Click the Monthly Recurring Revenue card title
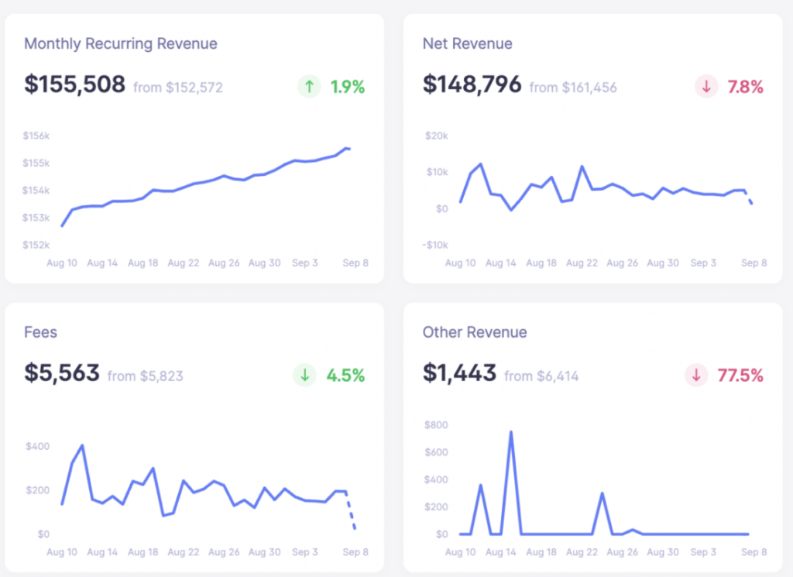click(120, 43)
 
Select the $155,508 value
click(74, 84)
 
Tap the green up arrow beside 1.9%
click(309, 87)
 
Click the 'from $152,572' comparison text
click(177, 88)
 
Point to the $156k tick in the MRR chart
click(36, 136)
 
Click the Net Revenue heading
click(467, 43)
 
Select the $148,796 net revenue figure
click(472, 84)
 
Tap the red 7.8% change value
click(745, 88)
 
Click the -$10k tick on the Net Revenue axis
click(437, 245)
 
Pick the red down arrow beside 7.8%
click(705, 87)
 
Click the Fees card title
click(40, 332)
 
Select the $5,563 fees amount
click(62, 373)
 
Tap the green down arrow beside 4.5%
click(304, 376)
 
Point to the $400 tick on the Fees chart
click(36, 446)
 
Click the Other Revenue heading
click(474, 332)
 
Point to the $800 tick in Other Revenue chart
click(435, 424)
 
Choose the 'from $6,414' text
click(541, 376)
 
